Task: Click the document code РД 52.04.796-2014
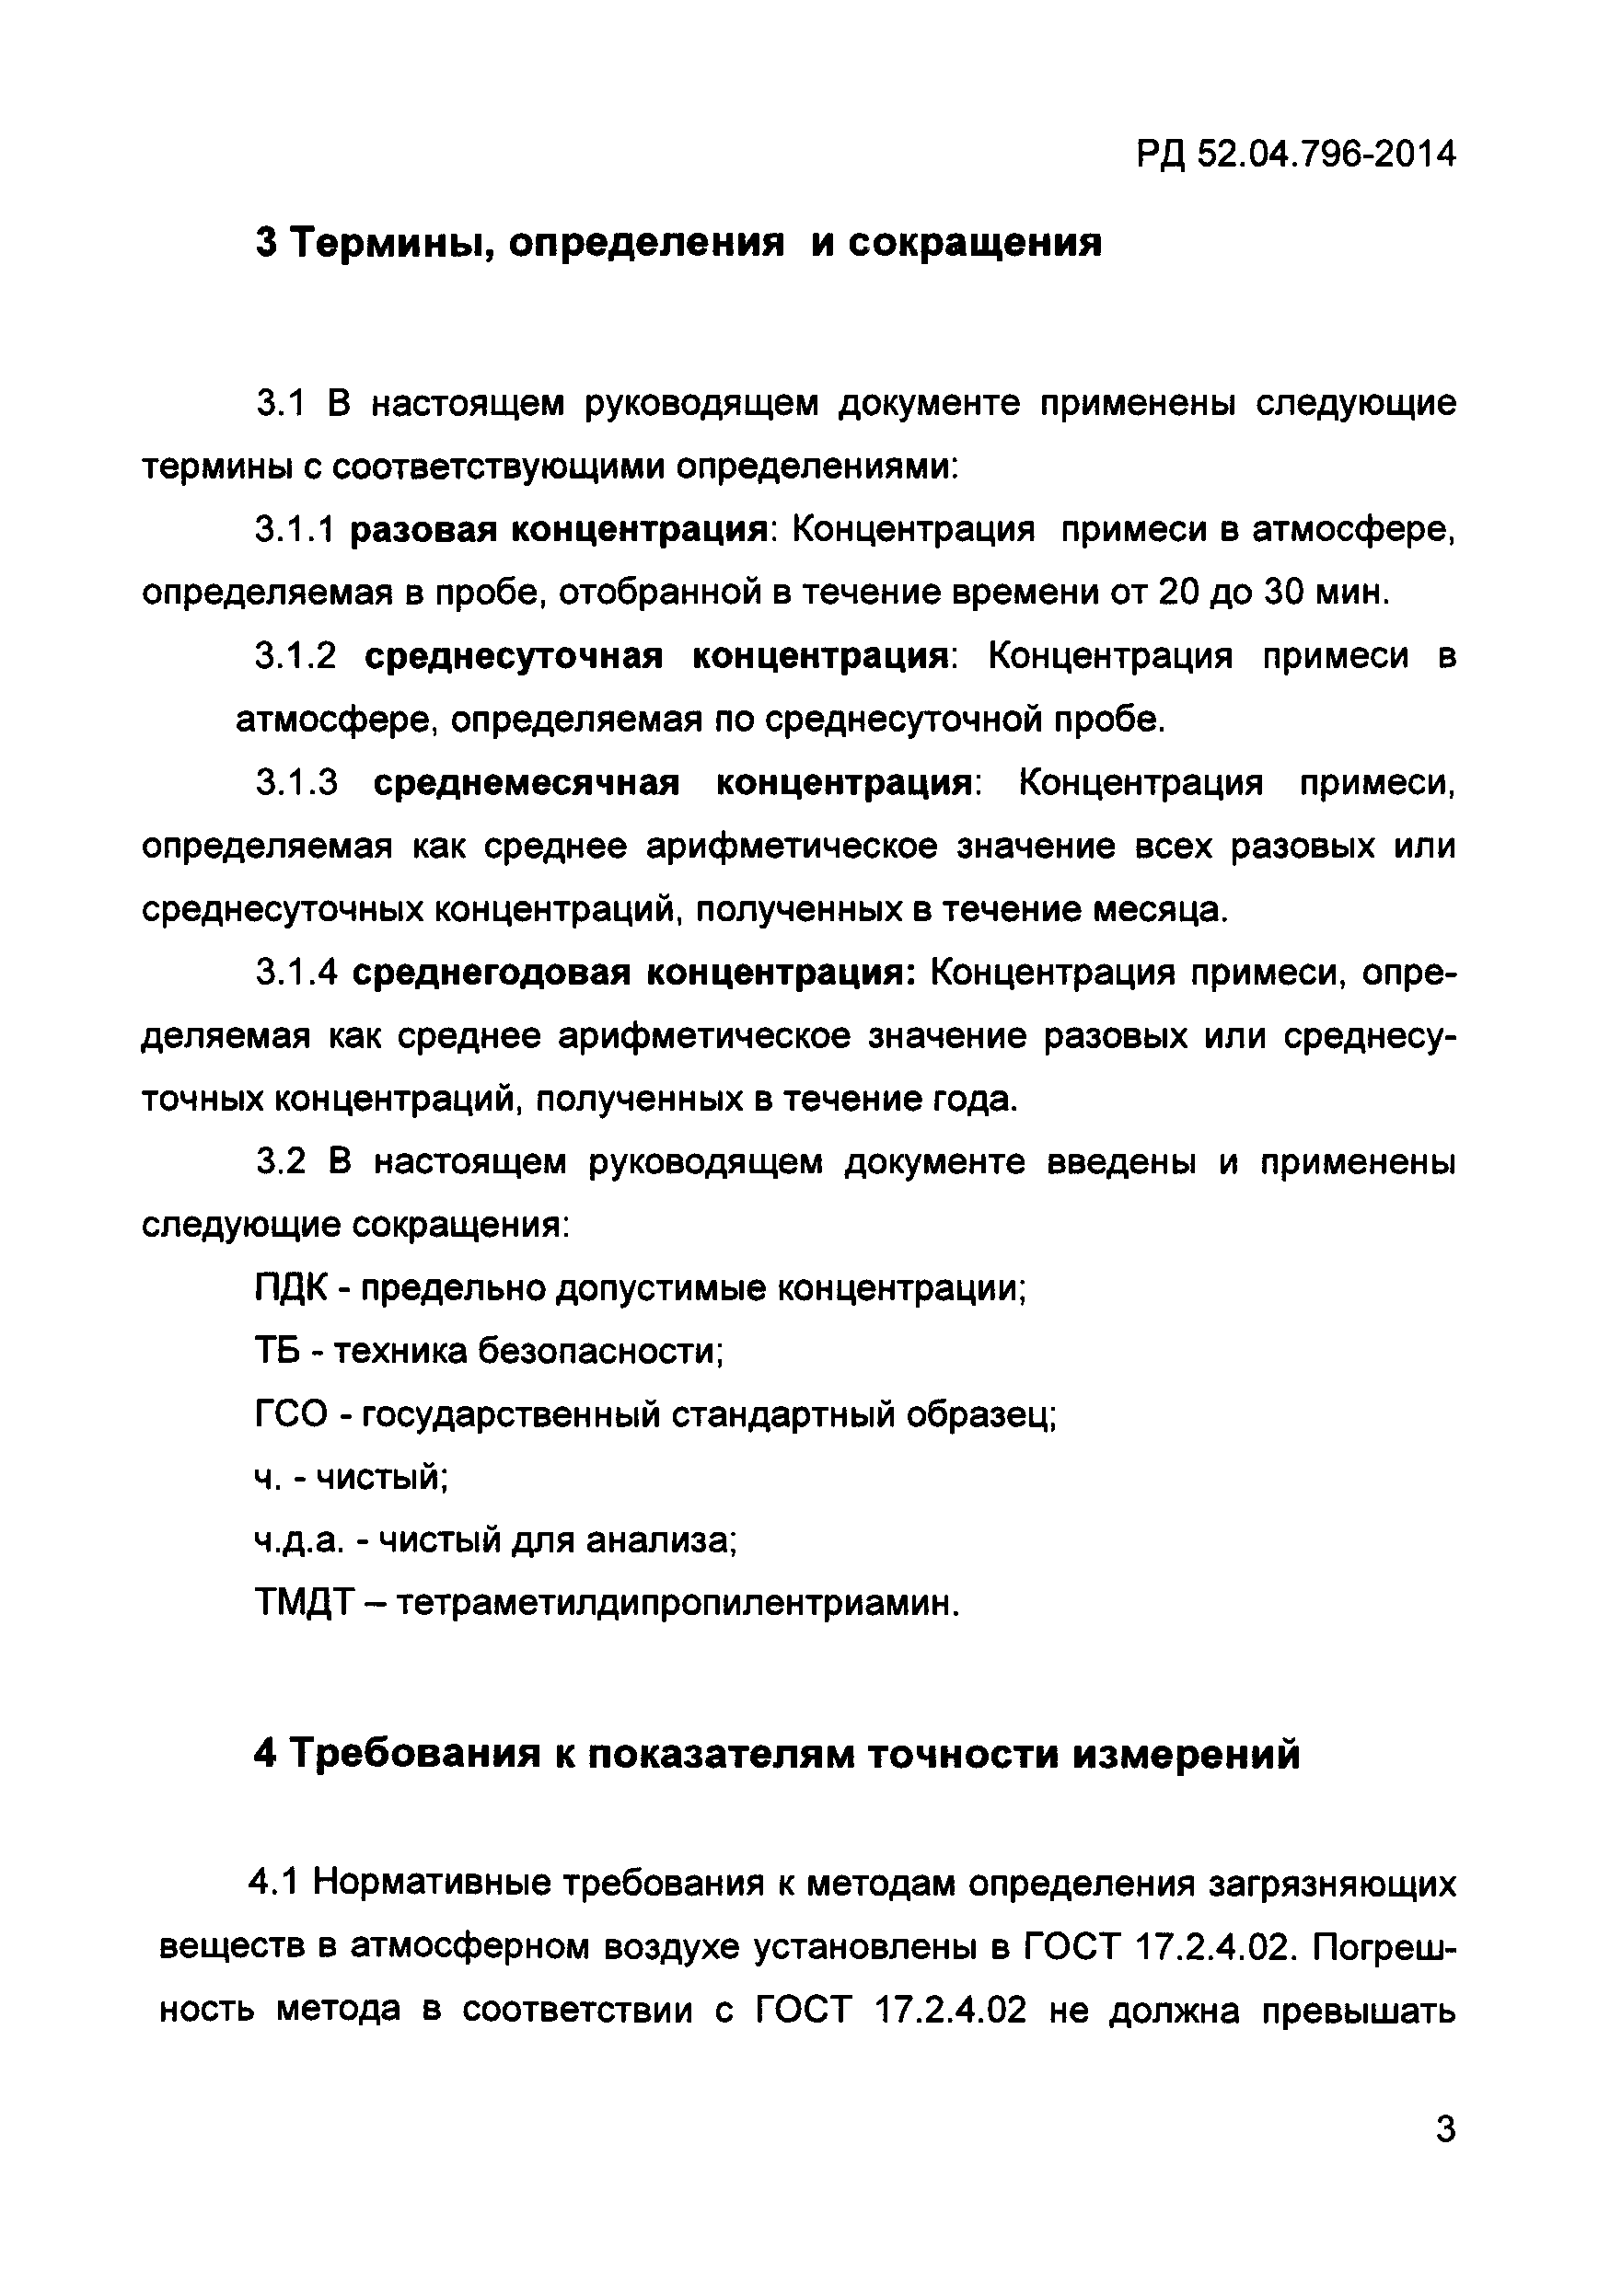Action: click(1296, 154)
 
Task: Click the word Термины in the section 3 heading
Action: click(388, 243)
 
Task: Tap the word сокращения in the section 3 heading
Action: click(975, 243)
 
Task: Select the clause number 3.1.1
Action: click(295, 530)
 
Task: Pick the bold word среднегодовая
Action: click(492, 973)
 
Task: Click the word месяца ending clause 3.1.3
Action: click(1160, 910)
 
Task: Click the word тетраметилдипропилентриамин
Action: click(678, 1604)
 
